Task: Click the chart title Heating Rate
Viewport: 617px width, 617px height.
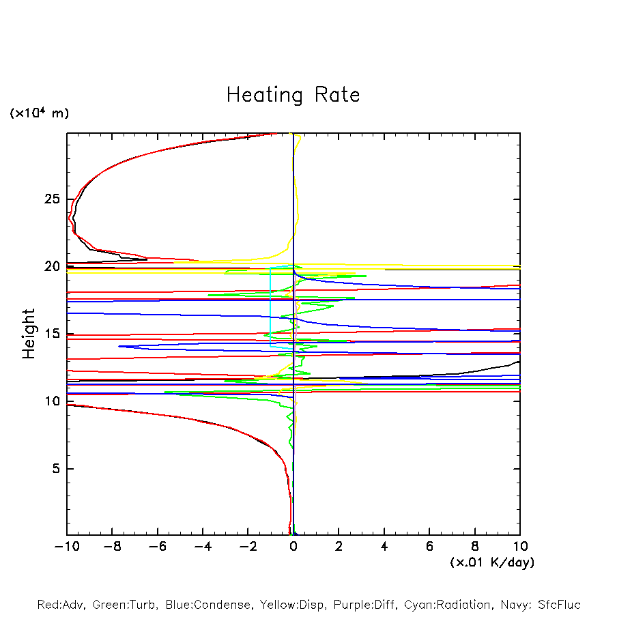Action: (293, 95)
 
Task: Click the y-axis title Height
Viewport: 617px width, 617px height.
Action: (29, 334)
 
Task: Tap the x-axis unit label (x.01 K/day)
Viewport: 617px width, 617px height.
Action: (492, 562)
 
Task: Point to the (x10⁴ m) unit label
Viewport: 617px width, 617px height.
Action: (39, 113)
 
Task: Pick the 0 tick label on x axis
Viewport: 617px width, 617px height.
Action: (293, 547)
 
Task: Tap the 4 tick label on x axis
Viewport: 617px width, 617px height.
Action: (384, 547)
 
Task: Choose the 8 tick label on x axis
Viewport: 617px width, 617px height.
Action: (475, 547)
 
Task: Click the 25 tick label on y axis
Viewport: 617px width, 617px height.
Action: (52, 199)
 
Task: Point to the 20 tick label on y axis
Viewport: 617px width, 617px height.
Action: (52, 267)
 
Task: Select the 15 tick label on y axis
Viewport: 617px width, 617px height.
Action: (52, 334)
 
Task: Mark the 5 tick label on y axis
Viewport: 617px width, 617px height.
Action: (56, 469)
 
